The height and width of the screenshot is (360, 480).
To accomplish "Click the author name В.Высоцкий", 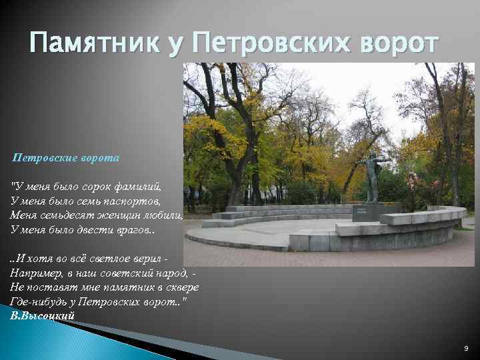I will click(42, 315).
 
